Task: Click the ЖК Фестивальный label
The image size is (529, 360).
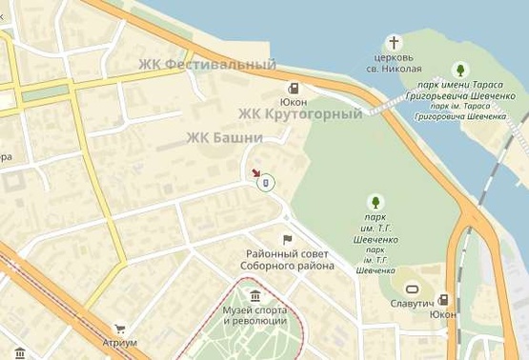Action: pos(207,66)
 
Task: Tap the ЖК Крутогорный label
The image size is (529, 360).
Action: pos(300,115)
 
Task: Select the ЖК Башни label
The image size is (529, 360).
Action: pos(224,136)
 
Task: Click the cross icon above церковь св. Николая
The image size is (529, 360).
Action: pos(395,43)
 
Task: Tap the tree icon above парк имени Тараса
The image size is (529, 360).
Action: pos(460,70)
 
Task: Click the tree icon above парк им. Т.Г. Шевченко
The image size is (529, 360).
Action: pos(376,202)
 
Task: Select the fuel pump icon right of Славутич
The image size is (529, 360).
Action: pos(443,299)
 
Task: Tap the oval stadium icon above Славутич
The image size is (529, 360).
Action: pos(413,288)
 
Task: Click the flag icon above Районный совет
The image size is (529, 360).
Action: pos(287,239)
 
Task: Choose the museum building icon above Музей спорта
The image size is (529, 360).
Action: pos(254,296)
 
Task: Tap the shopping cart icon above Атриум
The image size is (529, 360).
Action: pos(120,329)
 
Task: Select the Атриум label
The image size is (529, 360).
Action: pos(120,343)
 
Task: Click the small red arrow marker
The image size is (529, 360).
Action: pos(255,173)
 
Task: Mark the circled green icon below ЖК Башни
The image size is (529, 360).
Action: pos(267,181)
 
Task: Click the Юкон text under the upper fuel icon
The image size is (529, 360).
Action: pos(293,102)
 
